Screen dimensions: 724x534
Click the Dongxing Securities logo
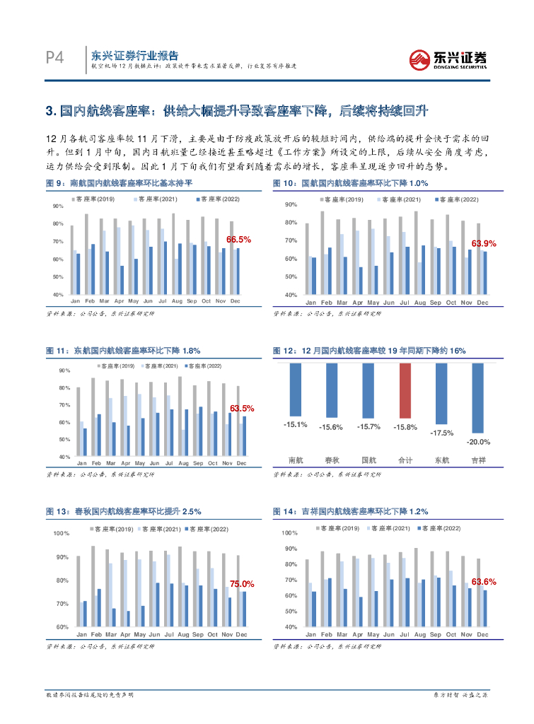(448, 59)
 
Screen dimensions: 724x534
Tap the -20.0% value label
(479, 441)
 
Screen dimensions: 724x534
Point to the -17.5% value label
(442, 432)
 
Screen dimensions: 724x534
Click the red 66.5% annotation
(238, 240)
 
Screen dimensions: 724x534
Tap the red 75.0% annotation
(242, 584)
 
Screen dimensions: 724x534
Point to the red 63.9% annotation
(484, 243)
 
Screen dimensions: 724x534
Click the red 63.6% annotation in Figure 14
(483, 581)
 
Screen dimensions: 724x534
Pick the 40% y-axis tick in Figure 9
(59, 294)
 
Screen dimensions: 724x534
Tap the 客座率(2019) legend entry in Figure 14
(339, 528)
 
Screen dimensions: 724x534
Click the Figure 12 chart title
(369, 351)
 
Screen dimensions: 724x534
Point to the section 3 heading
(237, 111)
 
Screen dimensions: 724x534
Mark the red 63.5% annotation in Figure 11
(242, 409)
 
